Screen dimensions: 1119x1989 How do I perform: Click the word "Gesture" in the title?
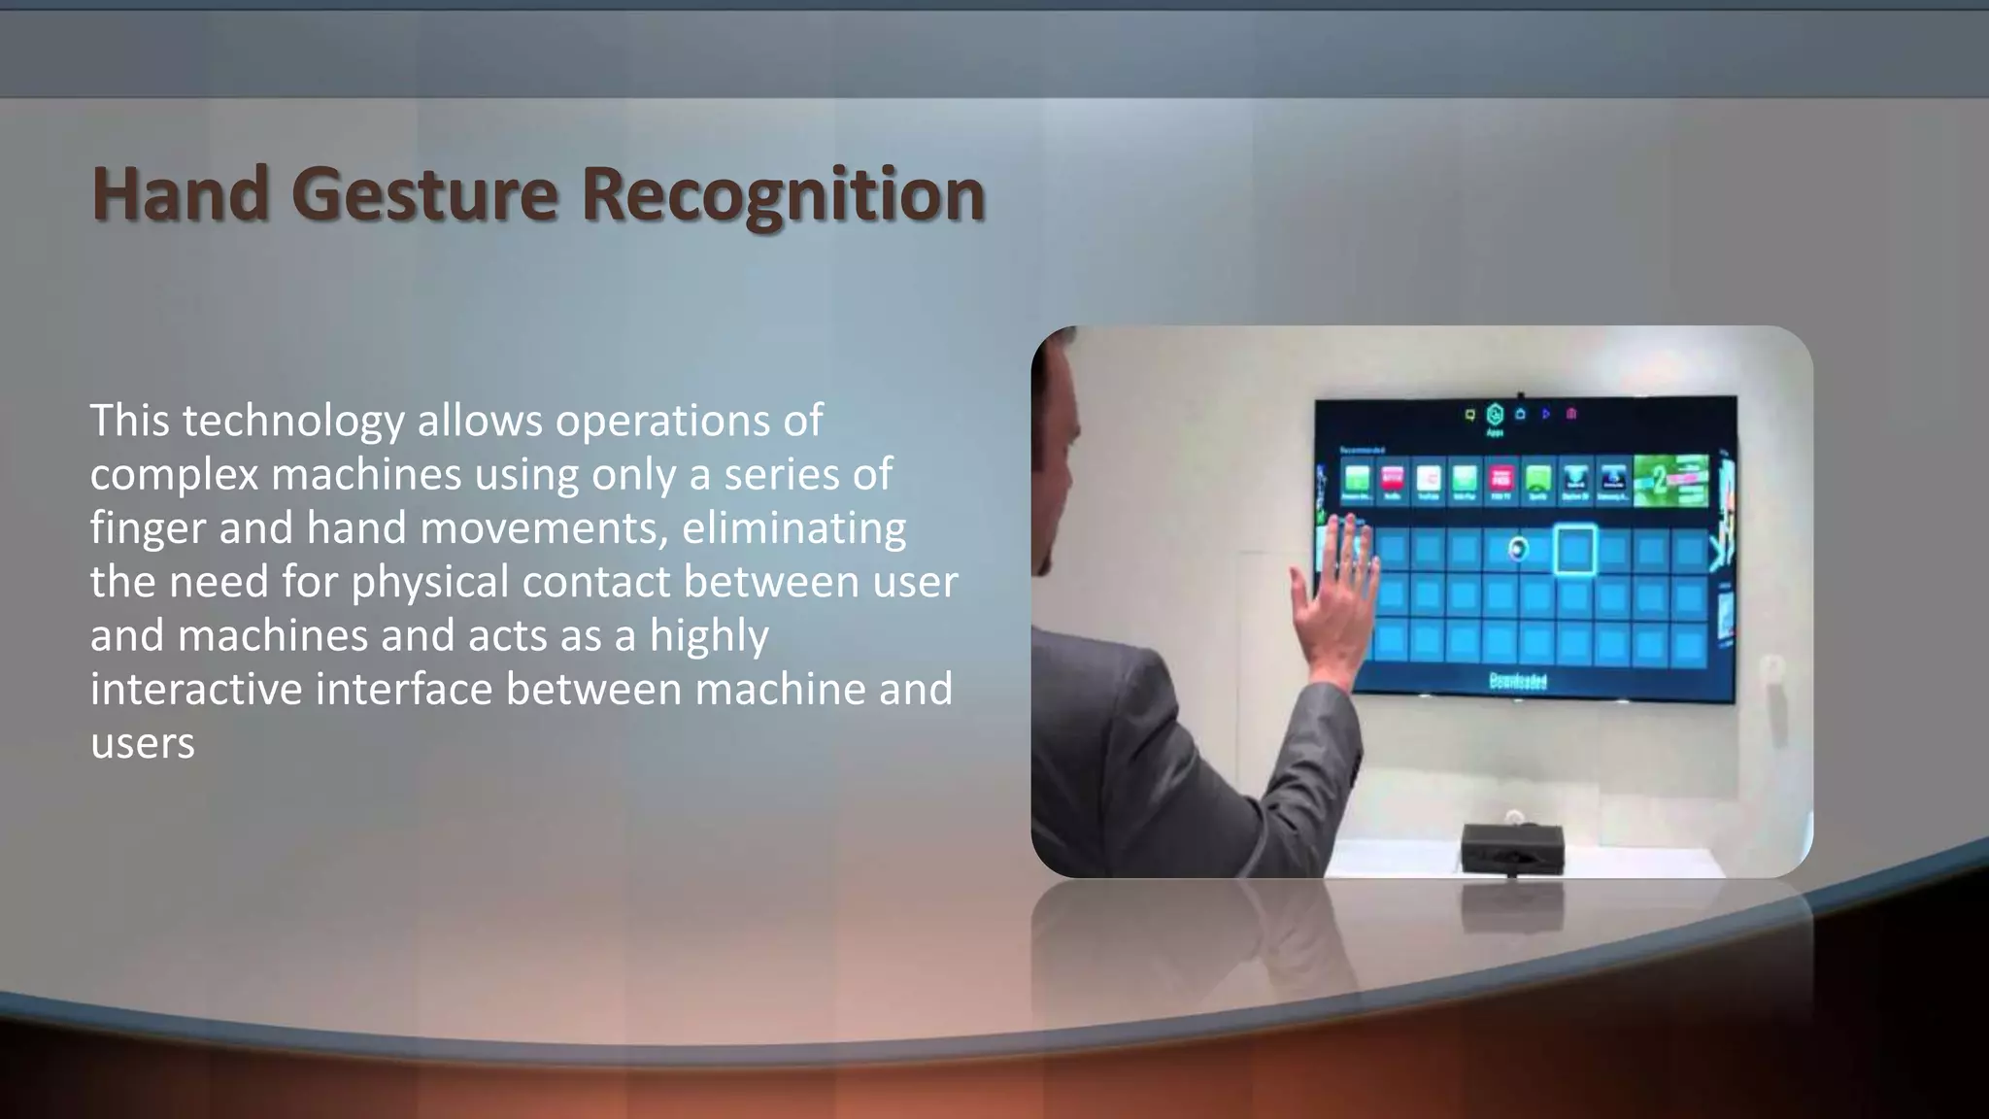[x=424, y=194]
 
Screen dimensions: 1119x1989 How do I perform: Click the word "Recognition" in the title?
[x=783, y=194]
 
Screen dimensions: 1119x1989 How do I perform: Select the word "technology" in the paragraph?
[x=293, y=422]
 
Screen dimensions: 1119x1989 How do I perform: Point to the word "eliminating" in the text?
[x=793, y=528]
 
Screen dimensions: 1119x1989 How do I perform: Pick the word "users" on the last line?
[x=143, y=743]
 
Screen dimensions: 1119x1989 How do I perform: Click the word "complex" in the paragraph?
[x=173, y=475]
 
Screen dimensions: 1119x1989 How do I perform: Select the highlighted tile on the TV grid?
[x=1574, y=550]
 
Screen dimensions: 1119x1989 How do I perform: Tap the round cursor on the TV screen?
[x=1518, y=550]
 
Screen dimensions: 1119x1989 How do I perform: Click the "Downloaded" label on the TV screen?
[x=1518, y=681]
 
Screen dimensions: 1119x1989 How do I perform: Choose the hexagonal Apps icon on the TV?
[x=1495, y=415]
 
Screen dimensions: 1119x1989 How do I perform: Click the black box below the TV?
[x=1512, y=847]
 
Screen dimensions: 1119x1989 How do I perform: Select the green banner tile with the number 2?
[x=1670, y=480]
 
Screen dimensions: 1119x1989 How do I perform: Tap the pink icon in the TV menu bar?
[x=1571, y=414]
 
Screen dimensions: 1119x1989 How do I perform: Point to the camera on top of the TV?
[x=1520, y=395]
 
